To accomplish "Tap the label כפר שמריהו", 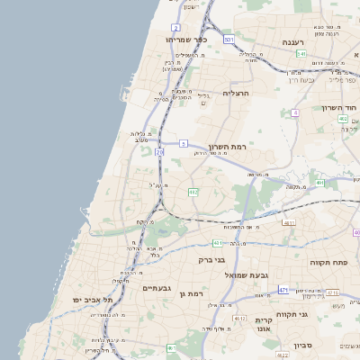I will pyautogui.click(x=186, y=40).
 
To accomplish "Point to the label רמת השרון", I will pyautogui.click(x=226, y=147).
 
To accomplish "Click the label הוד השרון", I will pyautogui.click(x=340, y=108).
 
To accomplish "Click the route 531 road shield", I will pyautogui.click(x=229, y=40).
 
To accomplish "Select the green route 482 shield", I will pyautogui.click(x=193, y=192).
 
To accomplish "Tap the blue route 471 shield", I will pyautogui.click(x=283, y=290).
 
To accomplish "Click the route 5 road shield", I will pyautogui.click(x=183, y=143).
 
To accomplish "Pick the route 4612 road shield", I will pyautogui.click(x=240, y=318).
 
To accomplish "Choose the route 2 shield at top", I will pyautogui.click(x=175, y=28).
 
